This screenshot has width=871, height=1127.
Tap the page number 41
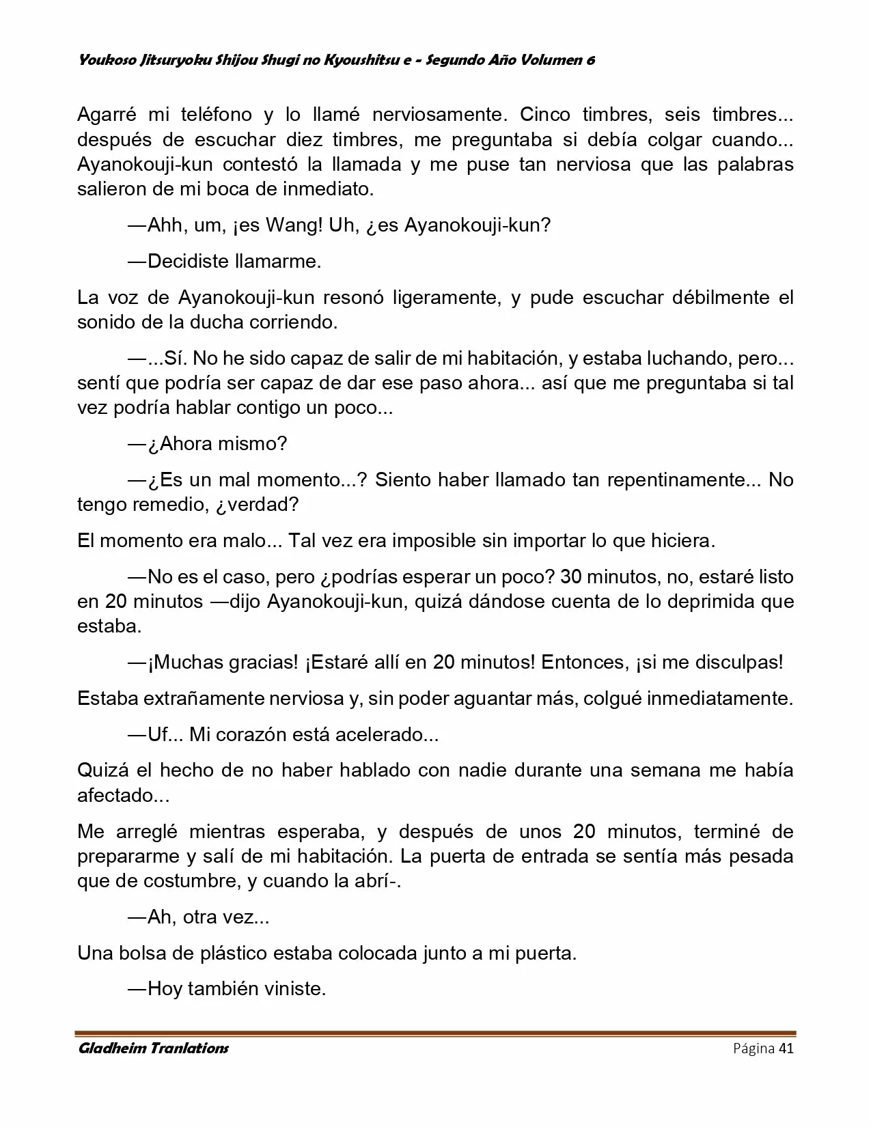pyautogui.click(x=786, y=1048)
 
